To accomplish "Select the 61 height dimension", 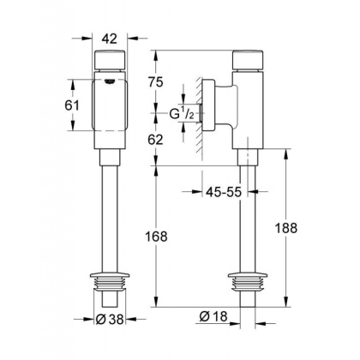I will point(75,105).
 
